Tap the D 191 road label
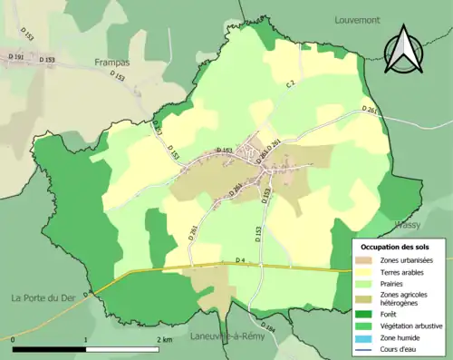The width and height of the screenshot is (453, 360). [15, 60]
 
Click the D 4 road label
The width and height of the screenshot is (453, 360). [240, 261]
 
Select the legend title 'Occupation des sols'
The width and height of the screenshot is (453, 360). [395, 246]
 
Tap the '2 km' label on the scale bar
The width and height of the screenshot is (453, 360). [163, 339]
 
